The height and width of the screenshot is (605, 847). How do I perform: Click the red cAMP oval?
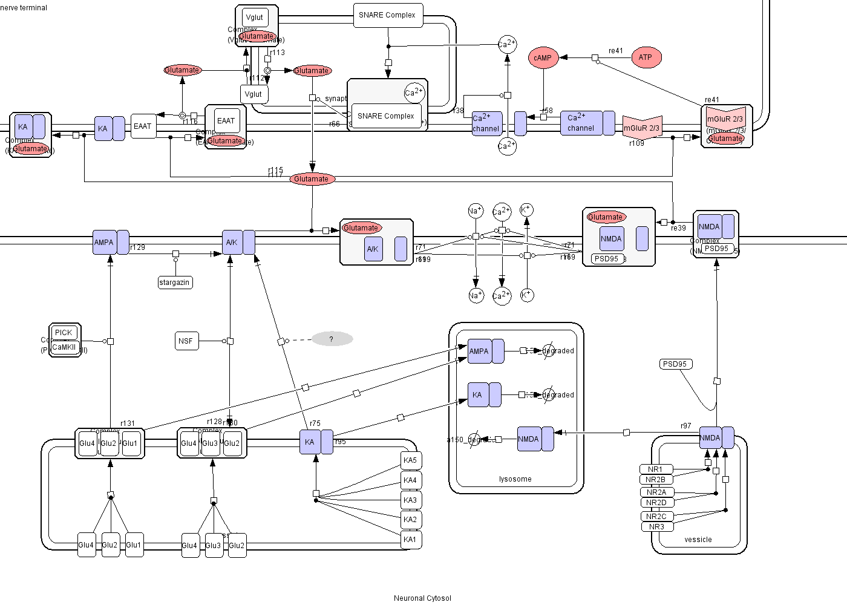[x=543, y=58]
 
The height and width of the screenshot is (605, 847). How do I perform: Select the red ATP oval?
[x=646, y=58]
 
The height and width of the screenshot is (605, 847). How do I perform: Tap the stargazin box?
[x=174, y=283]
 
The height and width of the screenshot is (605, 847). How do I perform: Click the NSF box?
[x=186, y=341]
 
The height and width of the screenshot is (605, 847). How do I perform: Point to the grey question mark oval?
[x=332, y=339]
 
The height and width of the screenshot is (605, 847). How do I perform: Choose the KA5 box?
[x=410, y=460]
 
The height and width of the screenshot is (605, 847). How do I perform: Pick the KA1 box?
[x=410, y=540]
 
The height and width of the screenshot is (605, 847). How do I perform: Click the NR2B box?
[x=656, y=480]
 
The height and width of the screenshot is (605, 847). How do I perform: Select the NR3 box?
[x=656, y=527]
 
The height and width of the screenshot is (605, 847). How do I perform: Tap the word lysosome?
[x=515, y=479]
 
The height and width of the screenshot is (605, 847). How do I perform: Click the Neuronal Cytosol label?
[x=422, y=598]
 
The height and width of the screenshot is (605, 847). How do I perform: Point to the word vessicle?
[x=698, y=540]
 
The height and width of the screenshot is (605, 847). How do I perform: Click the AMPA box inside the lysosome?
[x=479, y=352]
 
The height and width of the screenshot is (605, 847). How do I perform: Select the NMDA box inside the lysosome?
[x=529, y=439]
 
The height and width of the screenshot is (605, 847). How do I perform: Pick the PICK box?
[x=64, y=333]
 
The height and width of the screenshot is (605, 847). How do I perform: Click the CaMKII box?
[x=64, y=347]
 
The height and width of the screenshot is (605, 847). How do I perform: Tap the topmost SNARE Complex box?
[x=387, y=15]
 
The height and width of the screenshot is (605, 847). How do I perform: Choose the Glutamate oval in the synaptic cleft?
[x=312, y=179]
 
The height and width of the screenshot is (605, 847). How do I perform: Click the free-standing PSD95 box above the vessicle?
[x=675, y=364]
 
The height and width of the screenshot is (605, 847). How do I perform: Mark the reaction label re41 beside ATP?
[x=616, y=51]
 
